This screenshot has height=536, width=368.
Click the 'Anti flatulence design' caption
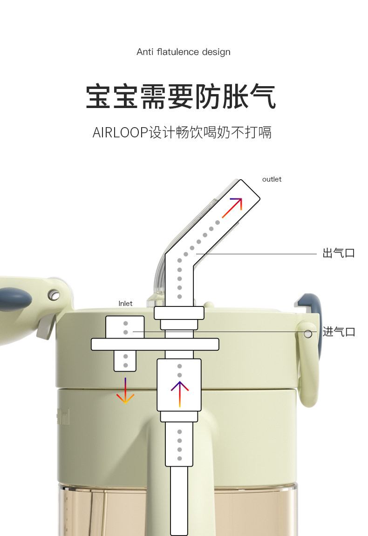(x=184, y=52)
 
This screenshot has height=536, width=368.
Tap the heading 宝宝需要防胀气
(x=181, y=96)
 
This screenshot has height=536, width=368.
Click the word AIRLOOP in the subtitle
(x=120, y=132)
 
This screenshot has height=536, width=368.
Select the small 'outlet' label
(x=272, y=179)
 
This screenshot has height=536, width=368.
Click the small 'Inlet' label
(x=125, y=304)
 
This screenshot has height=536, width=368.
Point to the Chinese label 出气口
(x=339, y=254)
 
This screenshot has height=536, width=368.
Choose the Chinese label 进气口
(x=339, y=332)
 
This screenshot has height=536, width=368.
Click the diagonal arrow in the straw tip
(x=232, y=208)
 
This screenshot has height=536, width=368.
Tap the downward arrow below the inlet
(x=125, y=391)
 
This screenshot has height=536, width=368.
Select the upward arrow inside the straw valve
(x=179, y=394)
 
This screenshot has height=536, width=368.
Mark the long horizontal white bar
(x=155, y=344)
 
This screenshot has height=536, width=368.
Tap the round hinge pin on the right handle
(x=308, y=334)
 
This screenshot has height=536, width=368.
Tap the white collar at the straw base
(x=179, y=312)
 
